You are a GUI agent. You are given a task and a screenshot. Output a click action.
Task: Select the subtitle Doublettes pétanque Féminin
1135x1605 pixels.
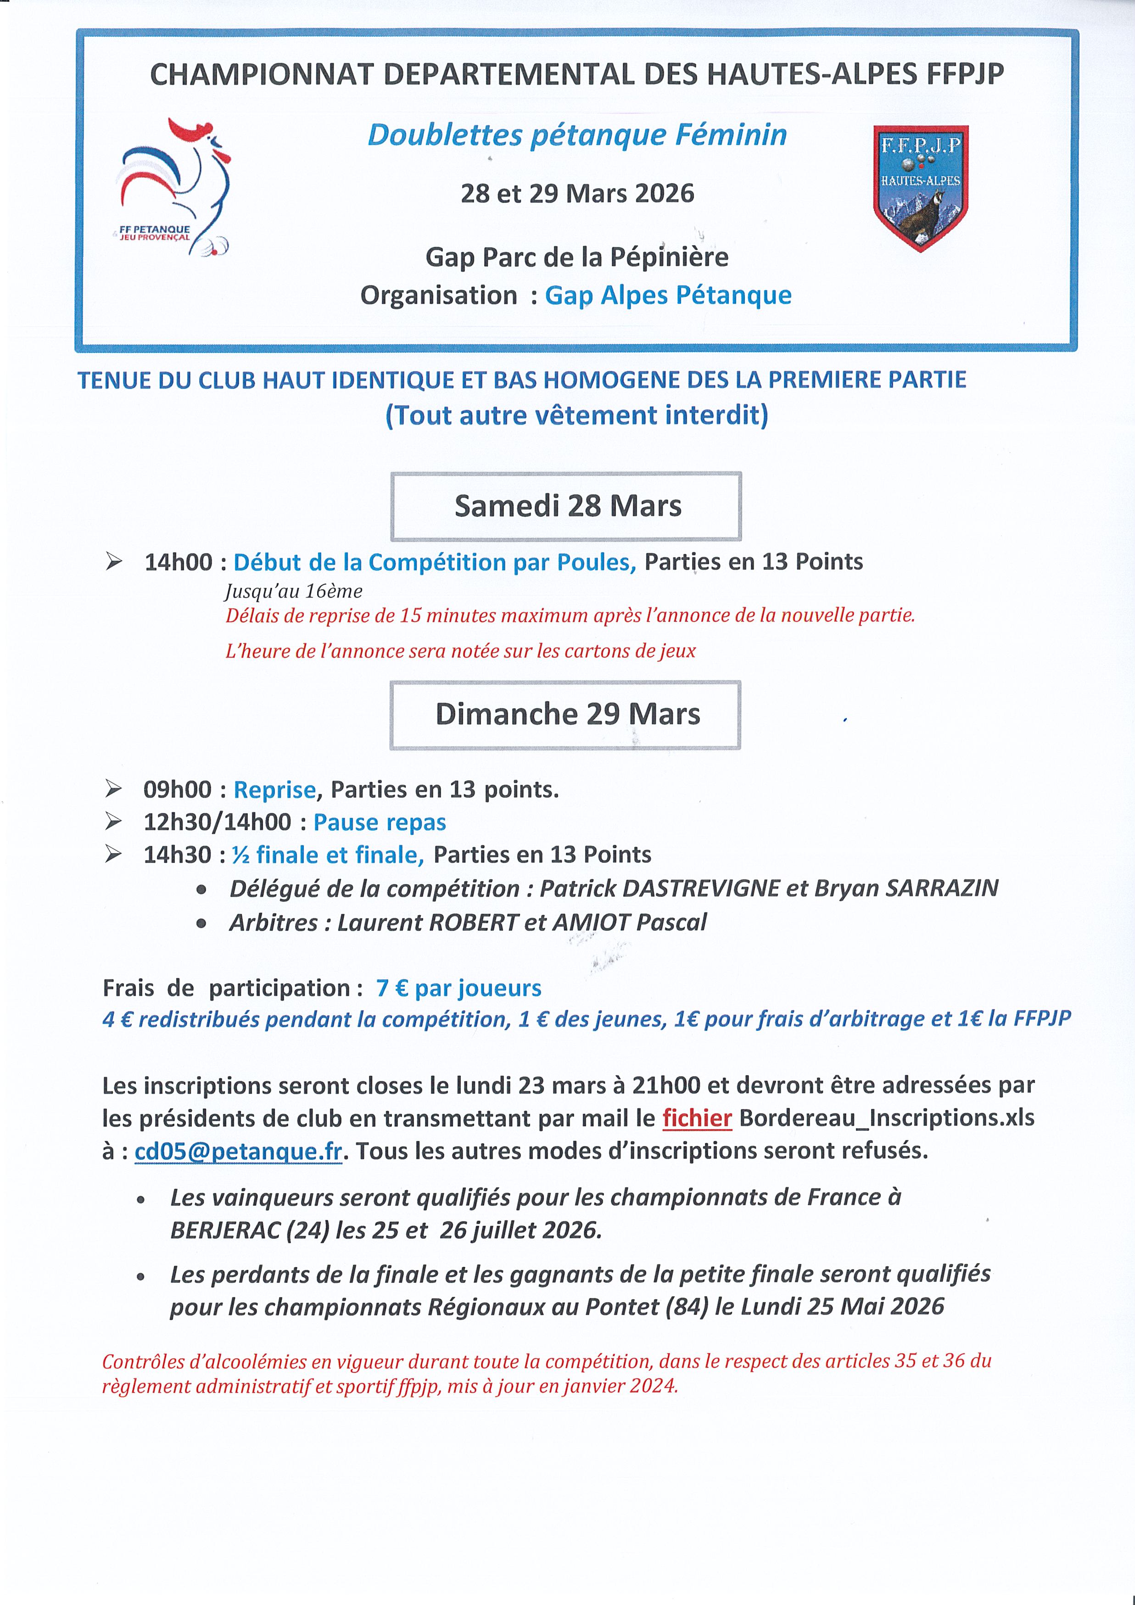[577, 135]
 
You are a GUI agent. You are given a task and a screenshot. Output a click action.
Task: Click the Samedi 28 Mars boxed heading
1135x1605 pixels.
[566, 506]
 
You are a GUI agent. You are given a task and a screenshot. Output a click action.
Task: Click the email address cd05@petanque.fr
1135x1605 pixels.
[238, 1151]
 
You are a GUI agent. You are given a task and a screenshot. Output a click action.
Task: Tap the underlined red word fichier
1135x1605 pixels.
[697, 1118]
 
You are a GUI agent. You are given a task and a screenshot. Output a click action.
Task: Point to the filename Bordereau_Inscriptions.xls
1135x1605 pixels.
[886, 1118]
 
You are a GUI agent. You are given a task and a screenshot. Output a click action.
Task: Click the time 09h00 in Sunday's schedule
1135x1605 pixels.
[178, 789]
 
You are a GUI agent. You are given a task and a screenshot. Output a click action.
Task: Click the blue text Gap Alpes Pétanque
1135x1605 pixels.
[668, 295]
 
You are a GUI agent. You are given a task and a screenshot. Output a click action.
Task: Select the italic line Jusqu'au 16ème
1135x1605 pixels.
[294, 592]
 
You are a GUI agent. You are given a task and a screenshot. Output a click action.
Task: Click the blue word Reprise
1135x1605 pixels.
[274, 789]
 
